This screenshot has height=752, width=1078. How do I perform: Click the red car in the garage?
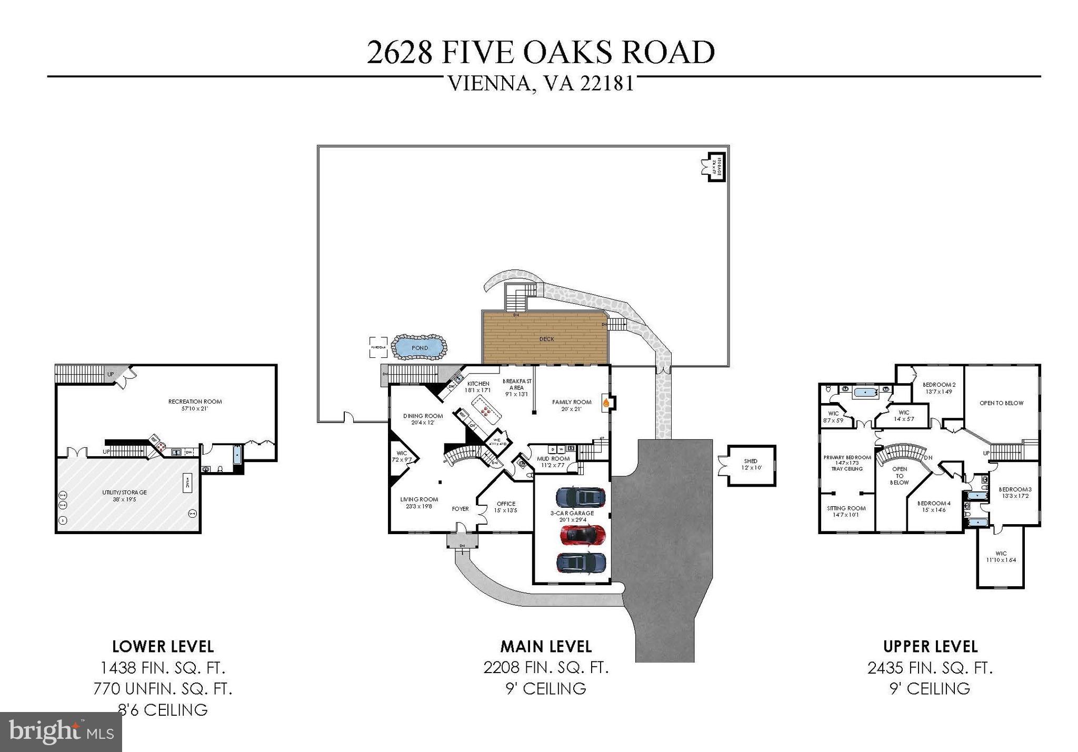pyautogui.click(x=582, y=535)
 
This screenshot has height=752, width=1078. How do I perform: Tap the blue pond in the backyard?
pyautogui.click(x=420, y=348)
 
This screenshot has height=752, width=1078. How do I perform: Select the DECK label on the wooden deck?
pyautogui.click(x=546, y=339)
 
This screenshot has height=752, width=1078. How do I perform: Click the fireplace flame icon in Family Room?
pyautogui.click(x=606, y=403)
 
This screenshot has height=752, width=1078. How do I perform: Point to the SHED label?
pyautogui.click(x=751, y=462)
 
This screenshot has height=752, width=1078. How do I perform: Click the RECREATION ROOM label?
pyautogui.click(x=195, y=402)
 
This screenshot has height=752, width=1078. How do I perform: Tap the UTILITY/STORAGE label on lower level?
pyautogui.click(x=124, y=493)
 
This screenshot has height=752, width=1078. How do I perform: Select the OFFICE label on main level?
pyautogui.click(x=506, y=504)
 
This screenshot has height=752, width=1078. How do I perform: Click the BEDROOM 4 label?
pyautogui.click(x=934, y=503)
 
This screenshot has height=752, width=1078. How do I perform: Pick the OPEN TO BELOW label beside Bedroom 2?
pyautogui.click(x=1001, y=403)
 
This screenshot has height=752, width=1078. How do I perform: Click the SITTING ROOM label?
pyautogui.click(x=846, y=508)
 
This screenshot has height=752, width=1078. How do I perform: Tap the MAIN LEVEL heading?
pyautogui.click(x=546, y=646)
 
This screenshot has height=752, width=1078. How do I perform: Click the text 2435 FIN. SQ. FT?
pyautogui.click(x=930, y=668)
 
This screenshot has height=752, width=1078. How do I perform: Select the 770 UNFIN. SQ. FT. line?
pyautogui.click(x=163, y=689)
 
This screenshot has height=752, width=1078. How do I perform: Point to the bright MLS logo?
pyautogui.click(x=61, y=732)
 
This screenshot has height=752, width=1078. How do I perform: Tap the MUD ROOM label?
pyautogui.click(x=553, y=458)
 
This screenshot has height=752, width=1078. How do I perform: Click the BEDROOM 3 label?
pyautogui.click(x=1015, y=489)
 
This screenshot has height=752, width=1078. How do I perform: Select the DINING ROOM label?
pyautogui.click(x=423, y=416)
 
